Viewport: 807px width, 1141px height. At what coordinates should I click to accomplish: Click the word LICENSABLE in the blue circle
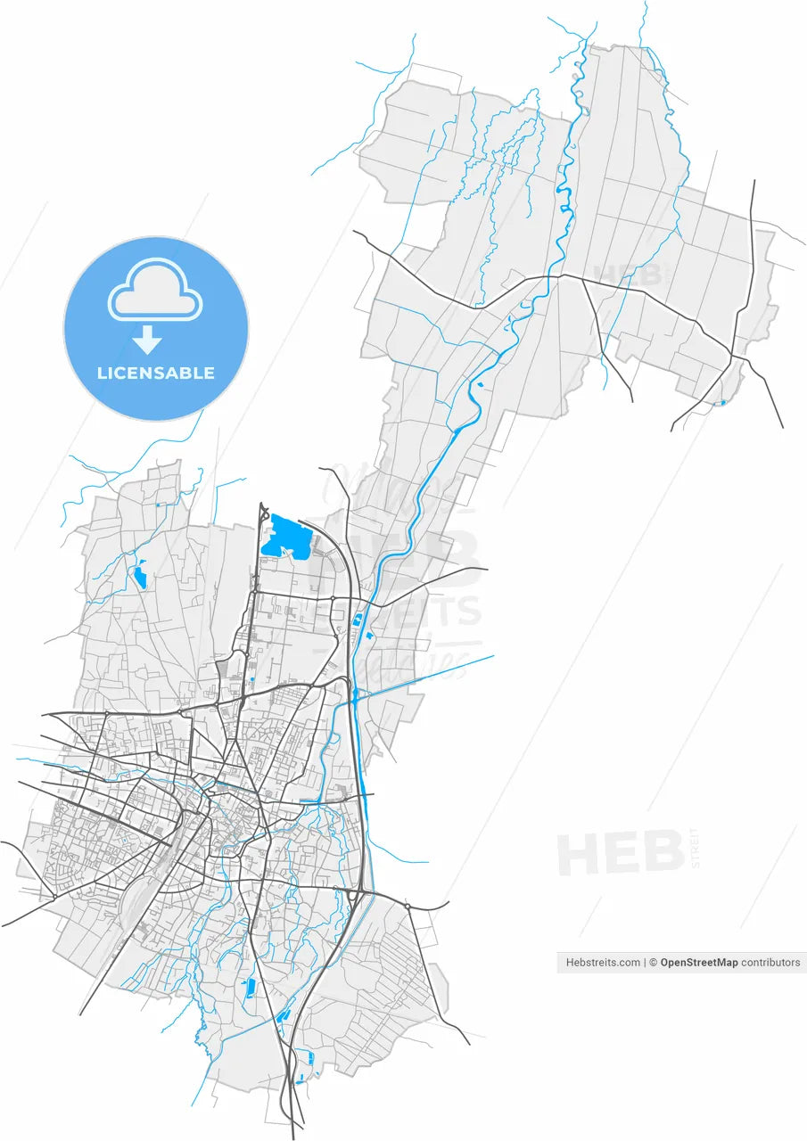pos(156,373)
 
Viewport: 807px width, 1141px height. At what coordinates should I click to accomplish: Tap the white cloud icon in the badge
pos(155,291)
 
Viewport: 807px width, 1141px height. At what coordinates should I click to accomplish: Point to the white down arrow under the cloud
pos(147,340)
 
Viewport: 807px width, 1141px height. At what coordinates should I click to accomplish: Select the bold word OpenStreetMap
pos(699,962)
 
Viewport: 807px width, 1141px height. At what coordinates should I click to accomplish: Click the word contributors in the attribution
pos(771,962)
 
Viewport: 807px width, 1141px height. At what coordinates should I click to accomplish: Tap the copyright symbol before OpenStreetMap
pos(654,962)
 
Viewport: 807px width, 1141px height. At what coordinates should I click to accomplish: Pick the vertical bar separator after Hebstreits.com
pos(645,962)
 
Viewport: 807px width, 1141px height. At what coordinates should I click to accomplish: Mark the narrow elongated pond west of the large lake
pos(140,575)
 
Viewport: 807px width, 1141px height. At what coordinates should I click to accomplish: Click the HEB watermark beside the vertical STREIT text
pos(620,853)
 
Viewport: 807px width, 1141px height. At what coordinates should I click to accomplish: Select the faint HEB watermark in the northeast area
pos(629,273)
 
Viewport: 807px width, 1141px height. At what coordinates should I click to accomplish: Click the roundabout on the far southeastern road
pos(407,907)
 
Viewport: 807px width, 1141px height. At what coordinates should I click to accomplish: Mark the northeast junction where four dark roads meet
pos(733,356)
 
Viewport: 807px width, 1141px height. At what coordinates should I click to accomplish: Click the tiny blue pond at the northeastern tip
pos(722,403)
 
